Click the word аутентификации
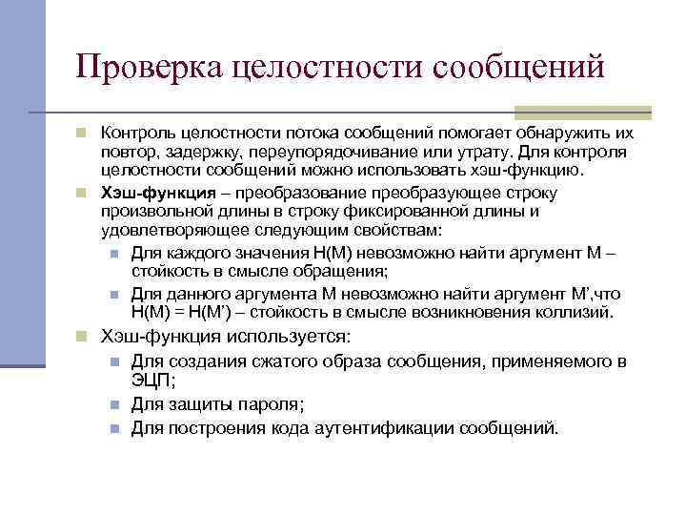(387, 427)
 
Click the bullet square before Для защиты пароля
(113, 404)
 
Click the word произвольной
(154, 211)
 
